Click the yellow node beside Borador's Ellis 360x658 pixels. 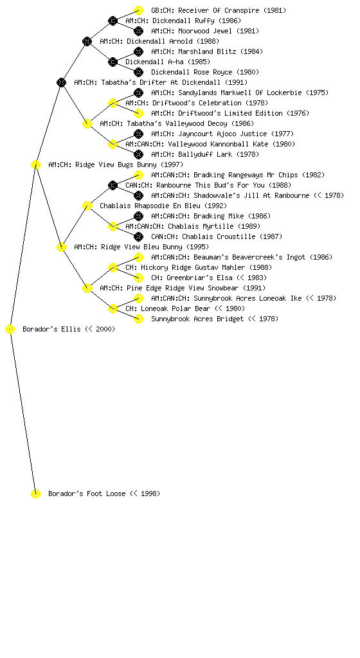click(x=10, y=330)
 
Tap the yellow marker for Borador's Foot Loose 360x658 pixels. click(x=35, y=494)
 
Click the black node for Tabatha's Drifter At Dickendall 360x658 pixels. click(x=61, y=83)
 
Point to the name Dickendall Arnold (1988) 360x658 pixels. click(x=173, y=42)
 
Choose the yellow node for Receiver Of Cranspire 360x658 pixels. click(x=138, y=10)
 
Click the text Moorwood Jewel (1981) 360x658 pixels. click(x=219, y=31)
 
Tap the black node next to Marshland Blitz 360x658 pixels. click(x=138, y=51)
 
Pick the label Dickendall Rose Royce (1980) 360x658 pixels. click(x=205, y=72)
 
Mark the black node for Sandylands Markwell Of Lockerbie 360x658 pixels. click(x=138, y=93)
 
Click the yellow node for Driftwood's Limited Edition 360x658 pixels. click(x=138, y=113)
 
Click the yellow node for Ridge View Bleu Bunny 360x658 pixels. click(x=61, y=247)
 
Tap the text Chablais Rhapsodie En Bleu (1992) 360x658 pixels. click(x=163, y=206)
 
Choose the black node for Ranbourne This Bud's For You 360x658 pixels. click(x=113, y=186)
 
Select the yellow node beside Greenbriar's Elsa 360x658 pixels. click(x=138, y=278)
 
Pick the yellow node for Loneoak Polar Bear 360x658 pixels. click(x=113, y=309)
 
